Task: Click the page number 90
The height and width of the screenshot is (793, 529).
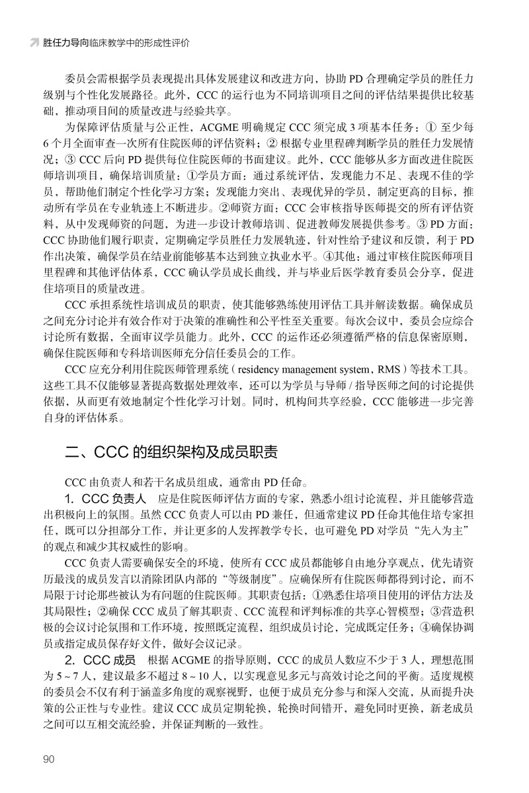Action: [50, 759]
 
